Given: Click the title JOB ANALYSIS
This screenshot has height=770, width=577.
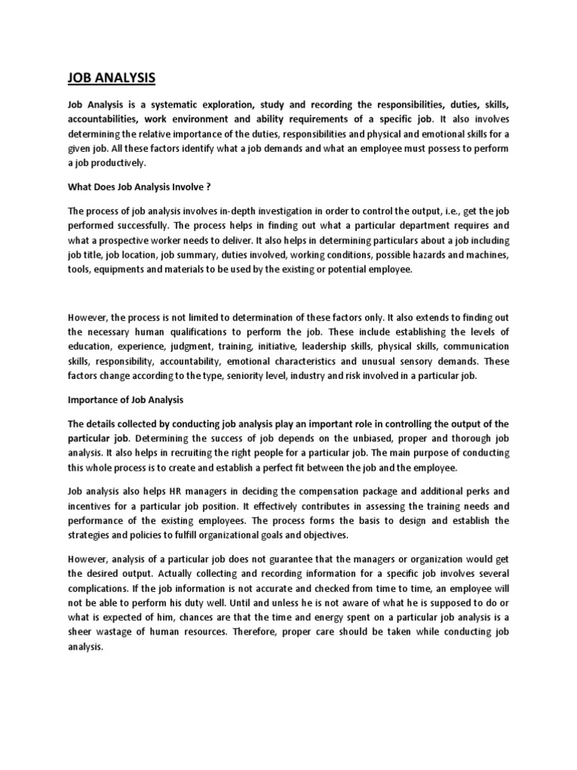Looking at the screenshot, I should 112,77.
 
